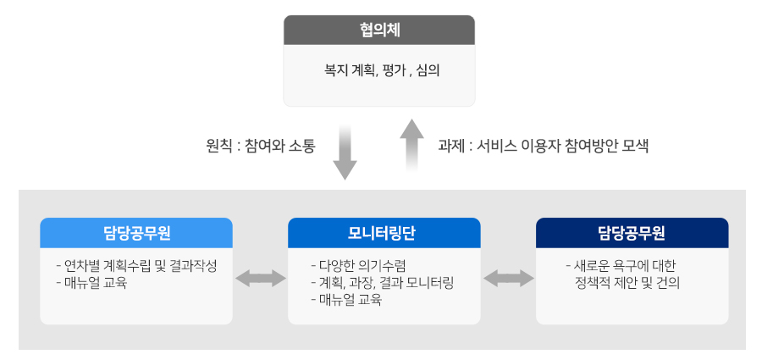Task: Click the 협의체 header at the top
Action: (x=379, y=30)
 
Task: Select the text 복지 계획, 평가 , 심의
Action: (x=382, y=70)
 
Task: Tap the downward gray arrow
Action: (x=345, y=152)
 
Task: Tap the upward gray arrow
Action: (x=412, y=145)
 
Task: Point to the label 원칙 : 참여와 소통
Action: (x=261, y=146)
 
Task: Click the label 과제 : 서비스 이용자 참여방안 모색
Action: (x=544, y=146)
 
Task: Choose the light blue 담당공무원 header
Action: (x=136, y=233)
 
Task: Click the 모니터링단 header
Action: (x=384, y=233)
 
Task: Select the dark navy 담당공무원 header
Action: (x=632, y=233)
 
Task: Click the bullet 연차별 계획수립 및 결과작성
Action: (x=136, y=266)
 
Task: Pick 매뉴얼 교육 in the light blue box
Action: (x=91, y=283)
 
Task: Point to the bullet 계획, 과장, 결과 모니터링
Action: (x=383, y=283)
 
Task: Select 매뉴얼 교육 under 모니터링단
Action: (x=346, y=300)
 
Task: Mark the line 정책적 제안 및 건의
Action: (x=627, y=283)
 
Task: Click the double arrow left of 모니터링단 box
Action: (x=261, y=279)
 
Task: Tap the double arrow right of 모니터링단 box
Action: (x=508, y=279)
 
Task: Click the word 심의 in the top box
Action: (x=428, y=70)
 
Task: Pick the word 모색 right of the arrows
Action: (x=635, y=146)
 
